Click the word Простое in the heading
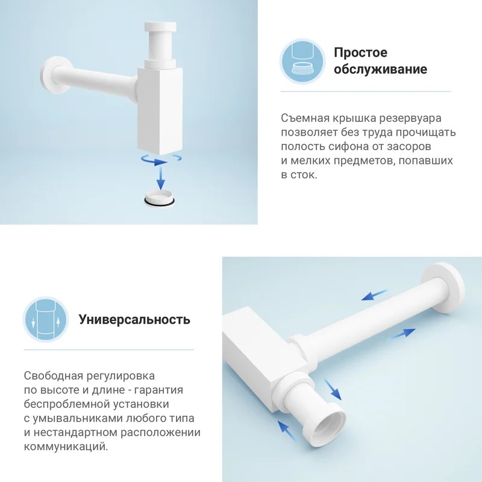pos(360,53)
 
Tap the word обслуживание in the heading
pos(381,69)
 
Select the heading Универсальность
pos(134,320)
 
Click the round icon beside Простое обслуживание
pos(302,61)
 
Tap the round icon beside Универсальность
pos(46,319)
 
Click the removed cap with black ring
pos(160,198)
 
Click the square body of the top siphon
pos(160,111)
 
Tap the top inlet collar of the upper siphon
pos(160,27)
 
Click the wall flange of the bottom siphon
pos(443,288)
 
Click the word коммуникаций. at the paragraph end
pos(66,446)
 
